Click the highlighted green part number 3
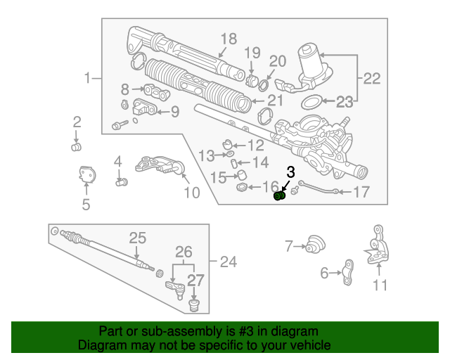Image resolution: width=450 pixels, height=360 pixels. [279, 196]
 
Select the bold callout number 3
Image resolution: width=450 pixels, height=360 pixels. [290, 172]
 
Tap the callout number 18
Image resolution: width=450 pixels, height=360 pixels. [229, 39]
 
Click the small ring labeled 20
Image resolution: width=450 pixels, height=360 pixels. [263, 84]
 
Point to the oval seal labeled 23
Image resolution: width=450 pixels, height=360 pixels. [311, 102]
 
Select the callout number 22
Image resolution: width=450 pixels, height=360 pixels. [372, 78]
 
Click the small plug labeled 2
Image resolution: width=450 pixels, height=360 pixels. [76, 147]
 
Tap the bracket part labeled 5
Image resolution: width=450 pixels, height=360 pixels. [87, 174]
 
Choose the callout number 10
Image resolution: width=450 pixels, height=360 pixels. [192, 193]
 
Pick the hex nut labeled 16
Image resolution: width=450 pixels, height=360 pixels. [242, 188]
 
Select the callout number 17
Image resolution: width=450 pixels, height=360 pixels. [361, 192]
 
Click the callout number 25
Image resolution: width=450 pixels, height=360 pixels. [138, 238]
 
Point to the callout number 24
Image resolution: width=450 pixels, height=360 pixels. [229, 262]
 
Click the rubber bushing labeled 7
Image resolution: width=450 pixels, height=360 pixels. [315, 245]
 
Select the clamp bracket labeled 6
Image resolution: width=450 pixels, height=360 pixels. [348, 272]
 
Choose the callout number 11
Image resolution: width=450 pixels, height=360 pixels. [380, 285]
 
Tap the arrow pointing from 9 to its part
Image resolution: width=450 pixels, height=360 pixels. [163, 112]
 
